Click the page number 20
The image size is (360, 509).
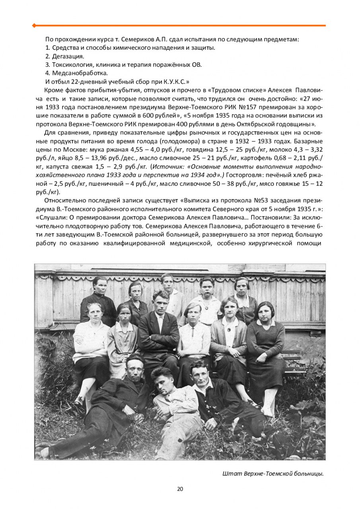[180, 489]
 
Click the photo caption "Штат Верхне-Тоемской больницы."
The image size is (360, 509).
[272, 473]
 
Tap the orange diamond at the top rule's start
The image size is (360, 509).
[34, 25]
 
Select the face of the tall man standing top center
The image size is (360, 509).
[167, 281]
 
